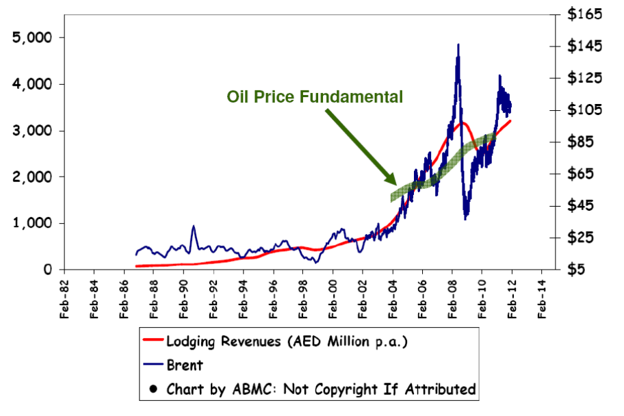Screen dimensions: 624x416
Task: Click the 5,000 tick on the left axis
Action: pos(32,38)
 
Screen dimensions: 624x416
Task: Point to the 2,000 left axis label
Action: pos(32,177)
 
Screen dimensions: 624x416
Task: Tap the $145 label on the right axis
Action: pos(584,46)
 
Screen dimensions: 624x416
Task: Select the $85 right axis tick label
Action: pos(580,142)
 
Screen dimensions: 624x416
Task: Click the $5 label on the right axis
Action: pos(576,270)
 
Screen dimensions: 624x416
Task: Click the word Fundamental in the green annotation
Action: pos(351,96)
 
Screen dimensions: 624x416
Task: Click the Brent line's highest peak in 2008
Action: pos(458,44)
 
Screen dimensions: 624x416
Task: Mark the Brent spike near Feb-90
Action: pos(194,226)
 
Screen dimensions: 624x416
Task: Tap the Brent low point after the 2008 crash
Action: pos(465,218)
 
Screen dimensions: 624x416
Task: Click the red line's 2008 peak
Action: pos(462,123)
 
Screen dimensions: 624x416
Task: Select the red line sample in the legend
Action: pos(153,339)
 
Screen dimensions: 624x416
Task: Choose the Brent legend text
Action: pos(185,365)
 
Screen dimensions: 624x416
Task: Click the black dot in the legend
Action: pos(153,389)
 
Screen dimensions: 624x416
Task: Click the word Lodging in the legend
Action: pos(191,342)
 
